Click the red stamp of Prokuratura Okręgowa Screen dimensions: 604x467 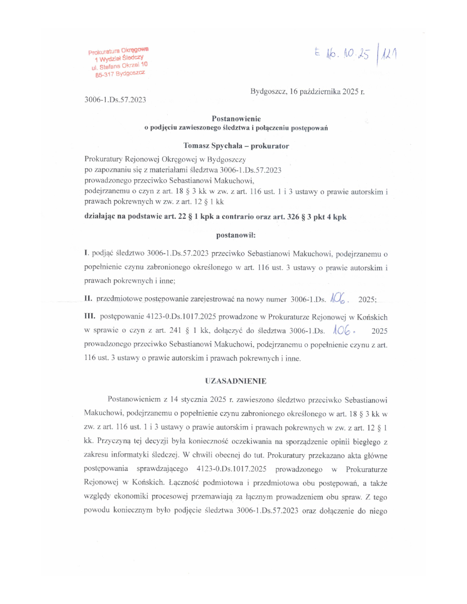(119, 62)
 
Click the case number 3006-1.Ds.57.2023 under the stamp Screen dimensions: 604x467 (115, 99)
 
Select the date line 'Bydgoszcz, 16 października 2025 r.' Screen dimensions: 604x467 (307, 91)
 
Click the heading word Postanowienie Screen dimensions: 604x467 (236, 119)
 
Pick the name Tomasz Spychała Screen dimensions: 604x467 (213, 146)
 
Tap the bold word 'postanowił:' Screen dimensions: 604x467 (236, 235)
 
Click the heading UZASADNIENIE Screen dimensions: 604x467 (236, 381)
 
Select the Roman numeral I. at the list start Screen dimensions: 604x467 (87, 253)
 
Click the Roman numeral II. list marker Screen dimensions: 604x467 (88, 299)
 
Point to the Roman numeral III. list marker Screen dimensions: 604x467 (90, 316)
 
